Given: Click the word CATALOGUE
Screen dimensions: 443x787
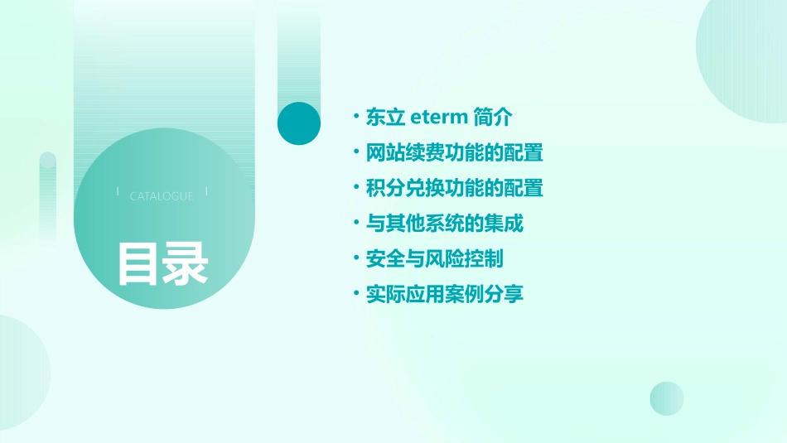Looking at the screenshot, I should click(x=162, y=196).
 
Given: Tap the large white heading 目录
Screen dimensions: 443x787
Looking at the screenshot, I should click(x=162, y=263).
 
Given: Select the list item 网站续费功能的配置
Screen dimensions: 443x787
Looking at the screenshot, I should click(x=454, y=152).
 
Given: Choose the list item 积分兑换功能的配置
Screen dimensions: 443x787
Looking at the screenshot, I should click(x=454, y=188).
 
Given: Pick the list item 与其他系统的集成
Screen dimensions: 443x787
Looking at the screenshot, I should click(x=444, y=224).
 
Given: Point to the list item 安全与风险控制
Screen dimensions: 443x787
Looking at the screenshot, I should click(x=434, y=259).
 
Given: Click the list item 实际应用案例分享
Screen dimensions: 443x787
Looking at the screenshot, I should click(x=444, y=294).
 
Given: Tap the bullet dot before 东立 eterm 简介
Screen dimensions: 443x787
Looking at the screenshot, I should click(x=355, y=117).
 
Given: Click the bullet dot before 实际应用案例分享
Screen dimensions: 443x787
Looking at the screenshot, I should click(x=355, y=294).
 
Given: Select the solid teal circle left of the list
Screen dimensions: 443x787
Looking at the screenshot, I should click(x=299, y=123).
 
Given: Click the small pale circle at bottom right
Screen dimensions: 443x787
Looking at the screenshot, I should click(x=667, y=398).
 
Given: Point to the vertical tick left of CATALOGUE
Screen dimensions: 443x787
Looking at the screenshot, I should click(x=118, y=191).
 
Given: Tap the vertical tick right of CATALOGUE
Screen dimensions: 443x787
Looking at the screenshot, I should click(x=206, y=191).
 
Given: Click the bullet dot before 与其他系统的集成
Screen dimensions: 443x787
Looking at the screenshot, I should click(x=355, y=224).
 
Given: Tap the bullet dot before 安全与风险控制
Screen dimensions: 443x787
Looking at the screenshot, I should click(x=355, y=259).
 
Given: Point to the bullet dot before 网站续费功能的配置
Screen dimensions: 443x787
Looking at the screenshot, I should click(x=355, y=152).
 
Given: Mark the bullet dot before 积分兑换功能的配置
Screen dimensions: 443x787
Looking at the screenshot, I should click(x=355, y=188).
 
